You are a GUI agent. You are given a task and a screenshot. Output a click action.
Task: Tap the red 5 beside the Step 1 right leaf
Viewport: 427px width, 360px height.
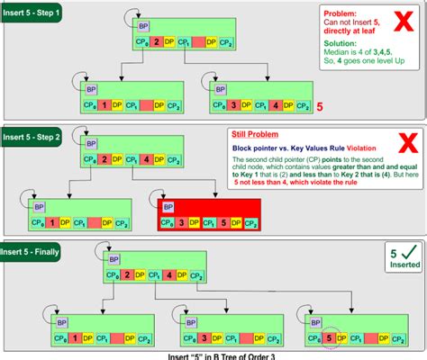click(318, 107)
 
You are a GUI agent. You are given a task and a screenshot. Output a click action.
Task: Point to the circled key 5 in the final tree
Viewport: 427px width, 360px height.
click(331, 339)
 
